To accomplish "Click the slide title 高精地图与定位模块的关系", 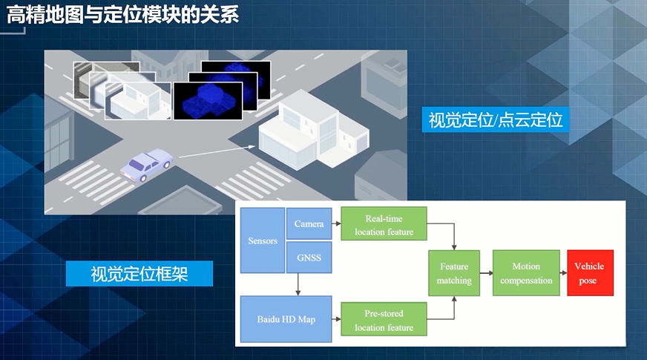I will point(122,14).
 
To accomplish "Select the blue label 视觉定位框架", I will point(139,274).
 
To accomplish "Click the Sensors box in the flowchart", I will point(263,241).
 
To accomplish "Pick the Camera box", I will point(309,224).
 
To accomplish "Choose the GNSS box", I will point(309,258).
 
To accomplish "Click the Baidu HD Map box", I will point(286,319).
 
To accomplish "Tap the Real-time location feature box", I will point(384,225).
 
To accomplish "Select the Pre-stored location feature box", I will point(384,321).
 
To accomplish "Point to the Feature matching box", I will point(454,273).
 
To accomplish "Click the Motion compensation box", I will point(525,273).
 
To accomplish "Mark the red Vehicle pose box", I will point(590,273).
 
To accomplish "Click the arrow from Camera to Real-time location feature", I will point(336,224).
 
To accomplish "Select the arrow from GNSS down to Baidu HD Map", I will point(298,284).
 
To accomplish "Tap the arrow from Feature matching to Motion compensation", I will point(486,273).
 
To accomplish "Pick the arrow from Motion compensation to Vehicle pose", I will point(563,273).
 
